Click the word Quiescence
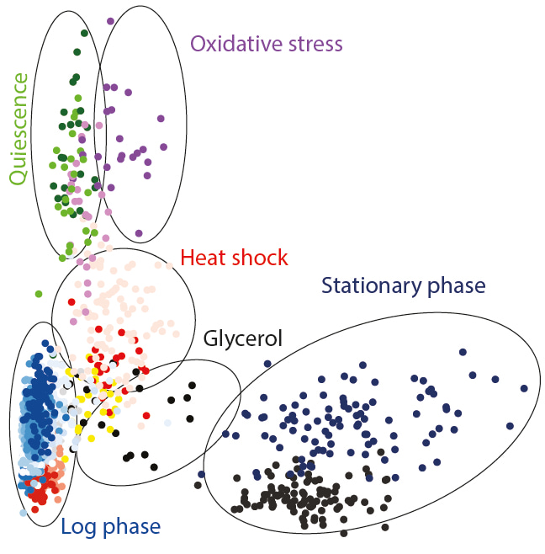coord(18,129)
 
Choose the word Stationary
coord(372,286)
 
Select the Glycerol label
coord(243,339)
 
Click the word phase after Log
coord(132,528)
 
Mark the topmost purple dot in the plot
coord(110,21)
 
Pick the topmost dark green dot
coord(84,33)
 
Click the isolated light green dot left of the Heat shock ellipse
coord(39,294)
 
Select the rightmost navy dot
coord(524,389)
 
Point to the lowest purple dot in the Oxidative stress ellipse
coord(139,233)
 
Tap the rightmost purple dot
coord(163,146)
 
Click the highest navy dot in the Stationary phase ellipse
coord(463,352)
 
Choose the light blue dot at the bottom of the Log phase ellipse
coord(24,513)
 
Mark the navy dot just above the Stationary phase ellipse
coord(267,364)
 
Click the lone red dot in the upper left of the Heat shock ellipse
coord(71,302)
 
